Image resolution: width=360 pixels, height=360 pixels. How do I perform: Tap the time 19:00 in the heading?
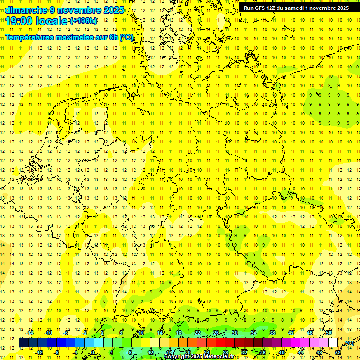pos(19,21)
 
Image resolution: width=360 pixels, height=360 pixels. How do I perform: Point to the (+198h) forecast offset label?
pos(83,21)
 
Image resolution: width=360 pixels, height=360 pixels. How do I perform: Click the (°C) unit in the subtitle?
pos(127,37)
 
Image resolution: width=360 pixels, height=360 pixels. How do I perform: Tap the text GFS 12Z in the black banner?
pos(266,8)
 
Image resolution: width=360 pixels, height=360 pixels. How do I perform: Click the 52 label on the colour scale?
pos(338,352)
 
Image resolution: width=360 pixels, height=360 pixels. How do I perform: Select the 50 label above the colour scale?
pos(329,333)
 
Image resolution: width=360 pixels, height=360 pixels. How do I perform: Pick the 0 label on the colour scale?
pos(93,352)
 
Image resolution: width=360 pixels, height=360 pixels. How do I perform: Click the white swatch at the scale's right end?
pos(333,343)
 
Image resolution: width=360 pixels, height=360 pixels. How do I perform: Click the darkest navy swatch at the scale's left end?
pos(23,343)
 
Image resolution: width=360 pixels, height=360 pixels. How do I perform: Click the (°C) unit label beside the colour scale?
pos(348,343)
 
